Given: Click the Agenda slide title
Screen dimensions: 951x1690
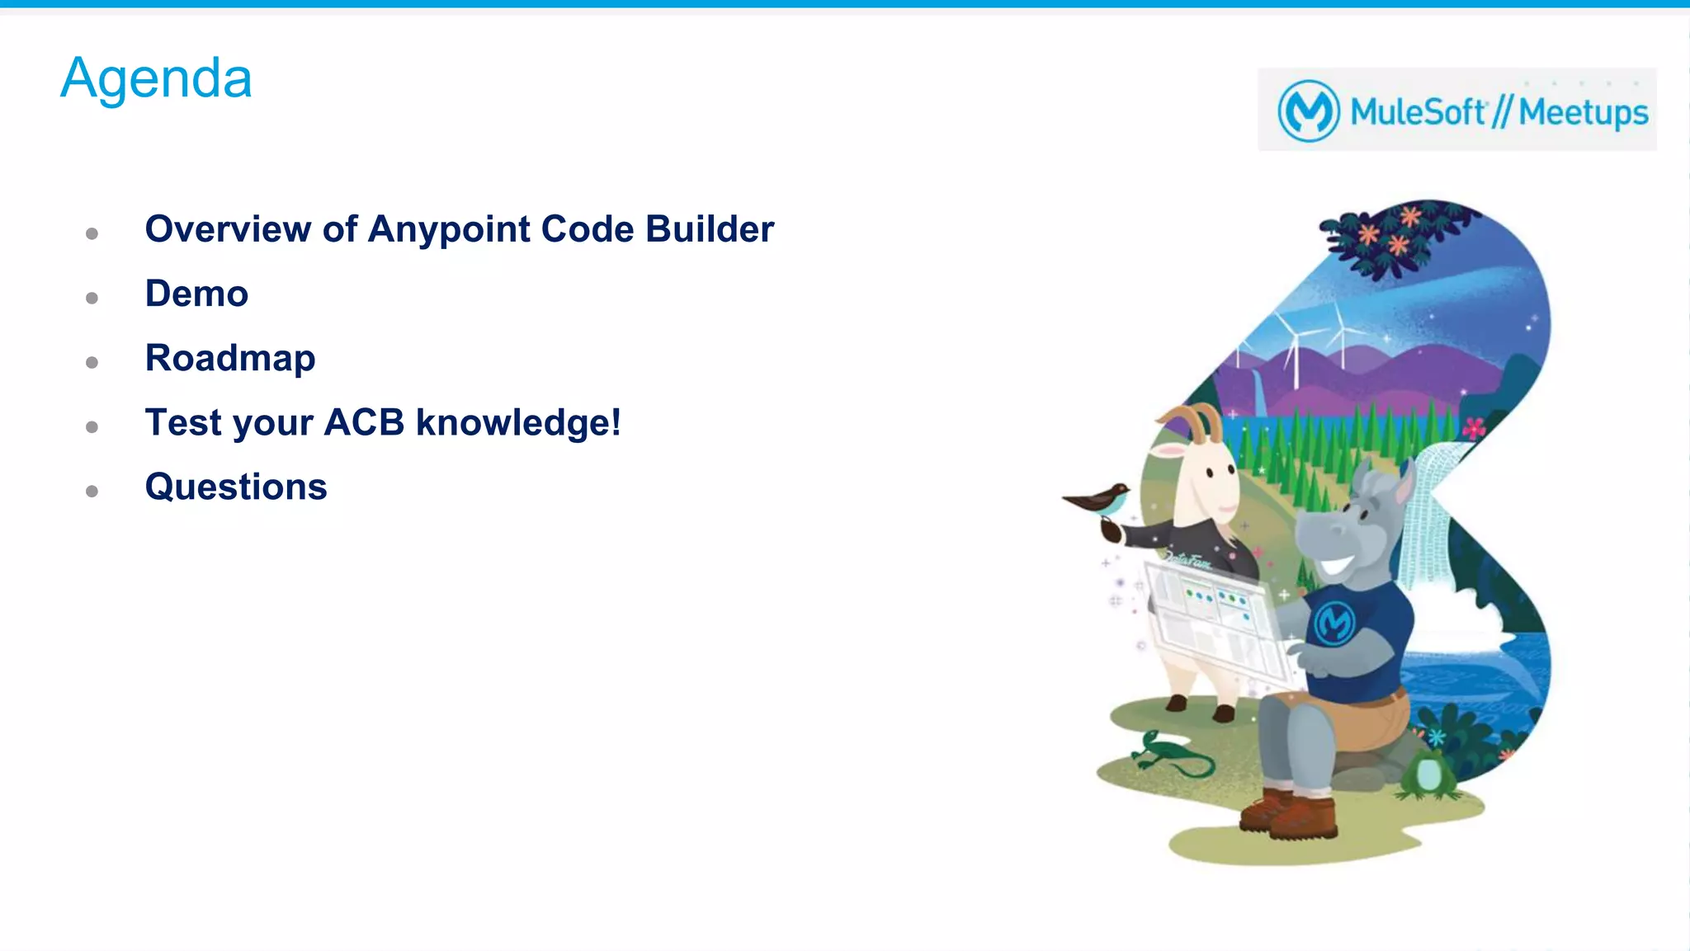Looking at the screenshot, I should click(156, 78).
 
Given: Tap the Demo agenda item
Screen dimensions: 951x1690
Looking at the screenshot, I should click(196, 294).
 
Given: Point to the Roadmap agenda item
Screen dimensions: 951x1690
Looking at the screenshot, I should click(230, 358).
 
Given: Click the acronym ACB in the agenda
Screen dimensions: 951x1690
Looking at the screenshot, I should click(364, 422).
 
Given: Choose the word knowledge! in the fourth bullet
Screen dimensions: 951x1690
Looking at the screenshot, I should click(517, 422).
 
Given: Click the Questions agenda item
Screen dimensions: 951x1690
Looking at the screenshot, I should click(236, 487).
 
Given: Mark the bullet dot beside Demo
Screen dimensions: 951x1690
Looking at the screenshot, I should click(92, 298).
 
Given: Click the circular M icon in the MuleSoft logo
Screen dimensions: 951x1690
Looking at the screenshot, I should click(1308, 111).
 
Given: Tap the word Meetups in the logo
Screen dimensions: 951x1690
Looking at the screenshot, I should click(1583, 112).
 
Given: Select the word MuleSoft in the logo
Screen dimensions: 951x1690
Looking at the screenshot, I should click(1418, 111).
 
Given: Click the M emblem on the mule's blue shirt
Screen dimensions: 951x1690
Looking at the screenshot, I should click(1334, 622).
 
